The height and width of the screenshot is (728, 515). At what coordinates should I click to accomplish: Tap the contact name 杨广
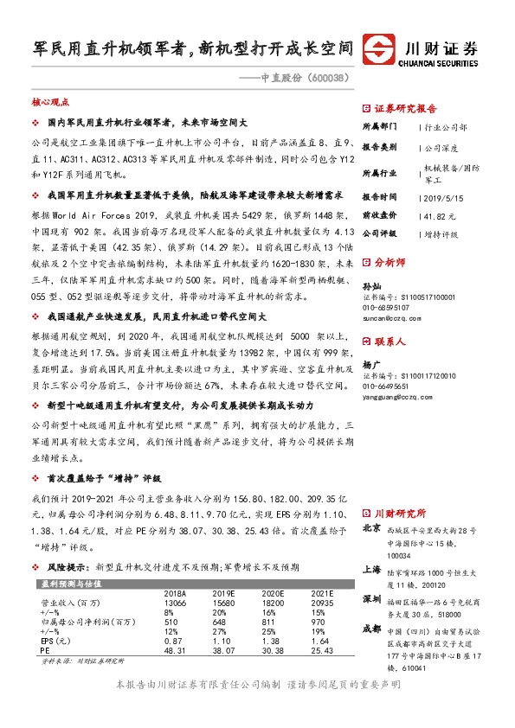[x=370, y=365]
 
